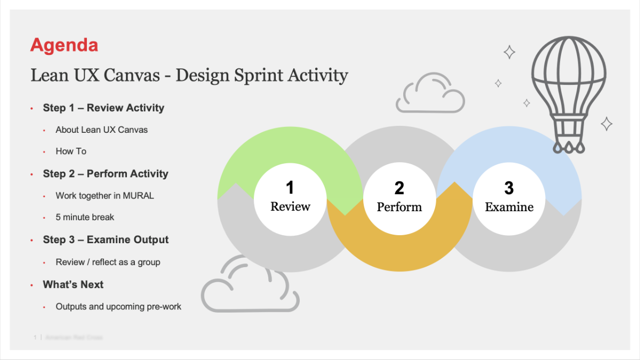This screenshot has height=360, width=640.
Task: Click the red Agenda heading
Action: (x=64, y=45)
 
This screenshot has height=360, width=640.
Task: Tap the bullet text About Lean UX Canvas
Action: (x=101, y=130)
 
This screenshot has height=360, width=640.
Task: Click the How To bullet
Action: (x=71, y=151)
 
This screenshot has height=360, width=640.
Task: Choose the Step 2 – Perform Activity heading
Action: (x=106, y=174)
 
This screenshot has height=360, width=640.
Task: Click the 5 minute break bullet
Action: (x=85, y=217)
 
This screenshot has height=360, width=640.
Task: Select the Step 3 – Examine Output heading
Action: (x=106, y=240)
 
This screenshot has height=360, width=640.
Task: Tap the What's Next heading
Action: (x=73, y=285)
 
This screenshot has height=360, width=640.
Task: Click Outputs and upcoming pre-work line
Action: (x=118, y=307)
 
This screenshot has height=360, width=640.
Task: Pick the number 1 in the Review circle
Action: (x=290, y=188)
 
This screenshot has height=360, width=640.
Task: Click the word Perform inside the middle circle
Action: (x=399, y=207)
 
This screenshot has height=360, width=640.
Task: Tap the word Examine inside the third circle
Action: (x=509, y=207)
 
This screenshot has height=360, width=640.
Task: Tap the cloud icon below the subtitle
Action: (x=430, y=93)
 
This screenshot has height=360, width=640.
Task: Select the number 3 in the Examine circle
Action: (x=509, y=188)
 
